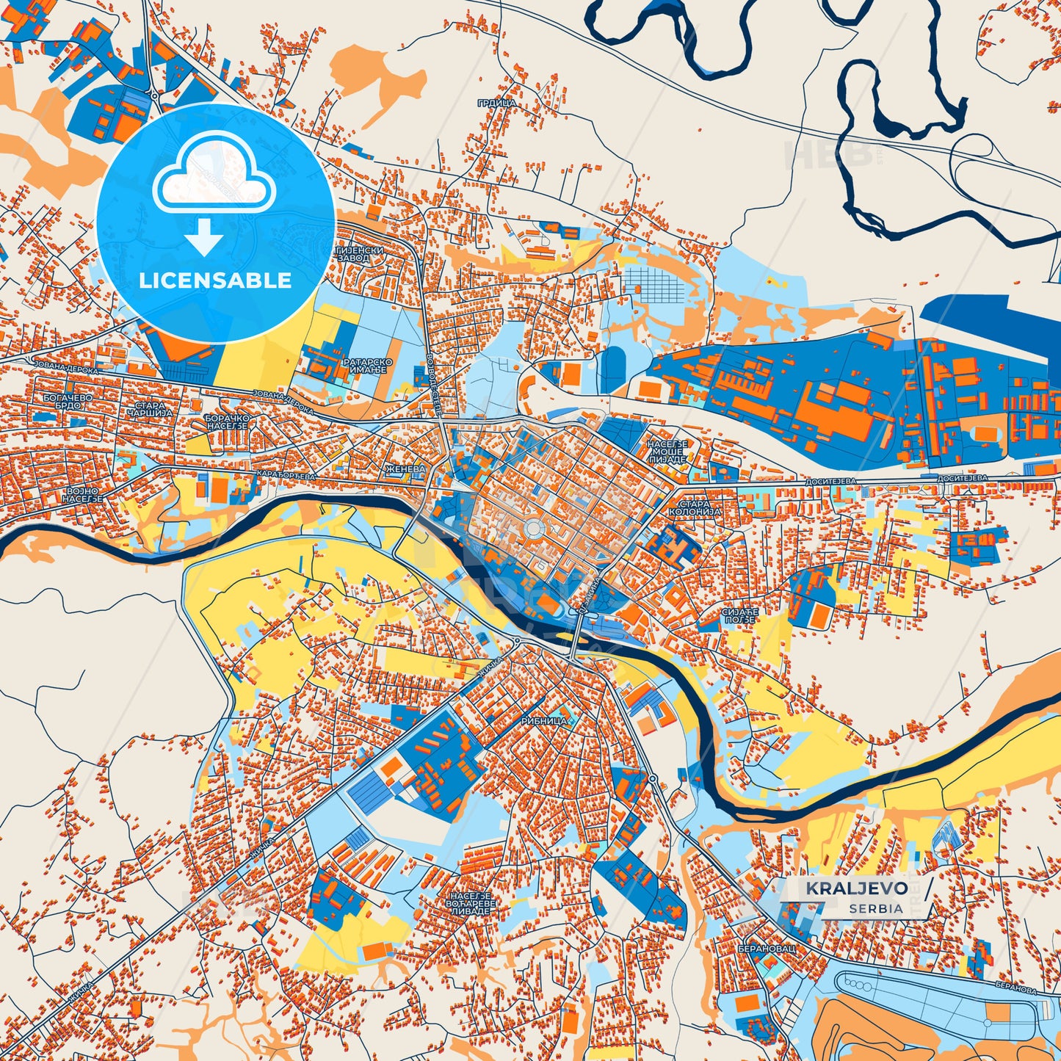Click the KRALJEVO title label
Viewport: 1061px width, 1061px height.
tap(856, 888)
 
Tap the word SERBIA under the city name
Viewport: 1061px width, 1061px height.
tap(875, 908)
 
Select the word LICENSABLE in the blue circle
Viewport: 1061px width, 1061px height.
tap(215, 280)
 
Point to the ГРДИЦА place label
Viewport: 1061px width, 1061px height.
tap(496, 104)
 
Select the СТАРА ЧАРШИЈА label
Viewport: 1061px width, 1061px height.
tap(145, 409)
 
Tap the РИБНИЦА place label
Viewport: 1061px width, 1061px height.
tap(543, 721)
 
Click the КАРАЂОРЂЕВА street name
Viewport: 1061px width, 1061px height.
tap(286, 476)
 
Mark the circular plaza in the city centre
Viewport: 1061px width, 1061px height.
tap(534, 529)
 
